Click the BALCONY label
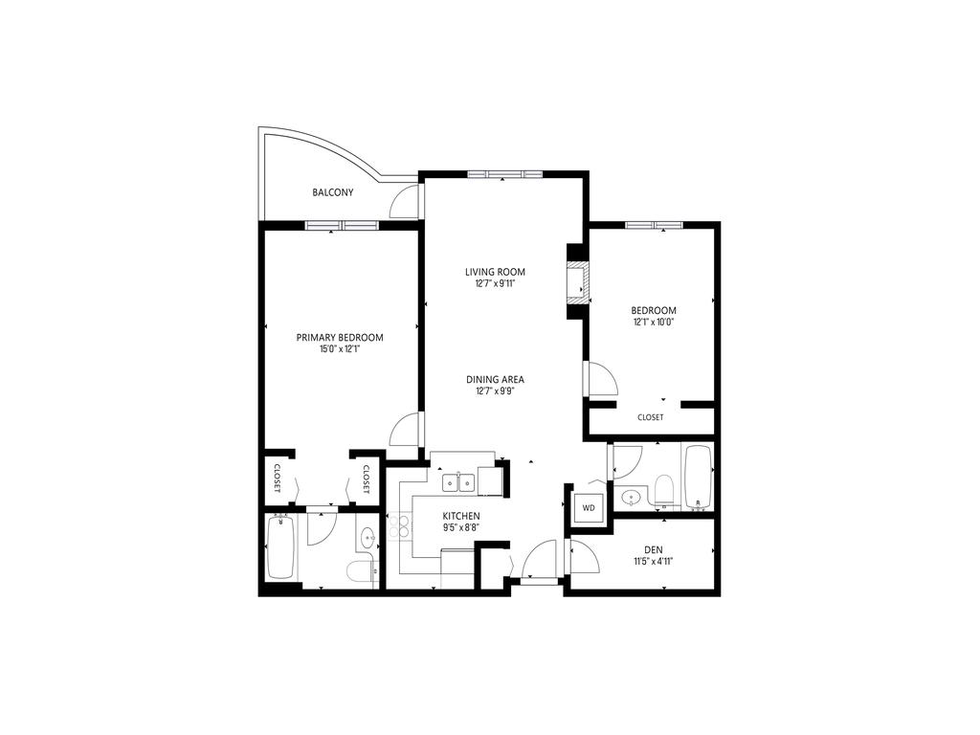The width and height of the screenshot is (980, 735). [332, 192]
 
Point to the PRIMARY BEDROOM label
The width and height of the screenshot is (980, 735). [340, 337]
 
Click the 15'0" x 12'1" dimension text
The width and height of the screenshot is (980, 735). [340, 349]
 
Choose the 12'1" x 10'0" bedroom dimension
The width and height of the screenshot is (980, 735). [654, 323]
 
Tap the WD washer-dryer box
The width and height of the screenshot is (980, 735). [589, 507]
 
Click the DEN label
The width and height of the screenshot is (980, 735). [653, 549]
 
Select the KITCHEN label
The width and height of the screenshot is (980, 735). [460, 516]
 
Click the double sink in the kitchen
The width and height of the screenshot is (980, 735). [457, 482]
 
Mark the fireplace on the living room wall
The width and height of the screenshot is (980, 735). [576, 284]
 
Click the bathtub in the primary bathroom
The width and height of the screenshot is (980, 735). [280, 548]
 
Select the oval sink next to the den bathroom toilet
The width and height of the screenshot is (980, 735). [632, 497]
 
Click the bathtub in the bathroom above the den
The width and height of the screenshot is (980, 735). [697, 476]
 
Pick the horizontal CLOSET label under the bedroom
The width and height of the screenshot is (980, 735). [650, 417]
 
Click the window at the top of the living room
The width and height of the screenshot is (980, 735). [504, 174]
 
